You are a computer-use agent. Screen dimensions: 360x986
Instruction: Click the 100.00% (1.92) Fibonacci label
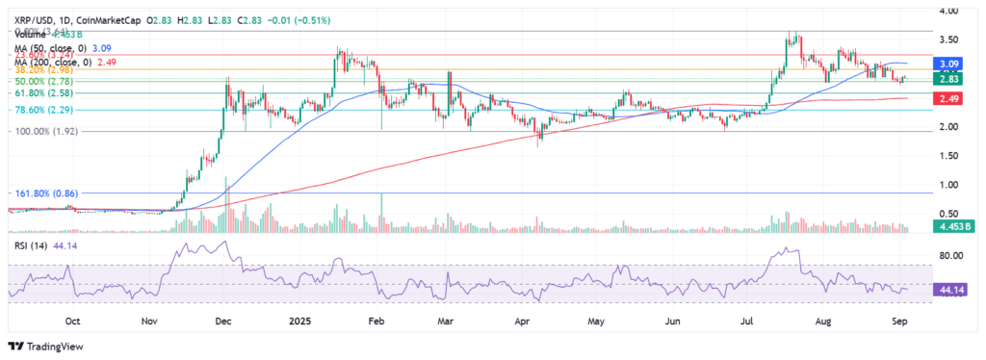click(43, 132)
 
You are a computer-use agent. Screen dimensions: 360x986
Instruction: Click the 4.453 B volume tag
click(950, 226)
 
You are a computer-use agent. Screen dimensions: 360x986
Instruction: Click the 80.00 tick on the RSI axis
click(950, 256)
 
